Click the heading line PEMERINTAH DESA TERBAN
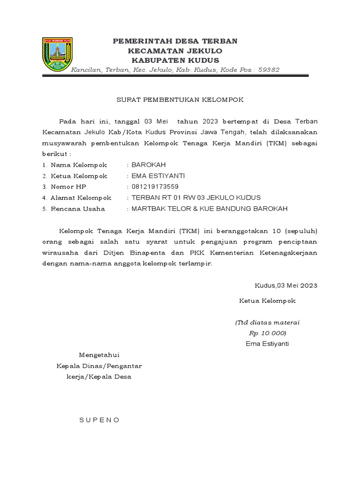tap(175, 41)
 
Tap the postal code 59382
tap(269, 70)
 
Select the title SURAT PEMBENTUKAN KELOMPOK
tap(180, 100)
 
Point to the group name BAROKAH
tap(149, 165)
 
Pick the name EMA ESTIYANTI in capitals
tap(158, 176)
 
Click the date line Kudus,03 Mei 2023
tap(285, 285)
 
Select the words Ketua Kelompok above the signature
tap(267, 301)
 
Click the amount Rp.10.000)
tap(267, 333)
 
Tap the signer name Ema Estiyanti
tap(267, 344)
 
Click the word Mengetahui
tap(99, 354)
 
